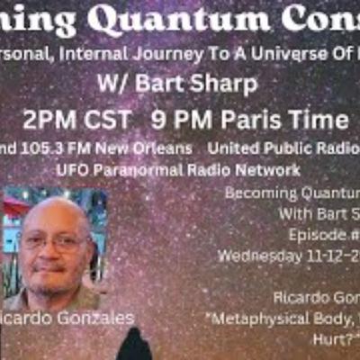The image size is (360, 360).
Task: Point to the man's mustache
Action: pyautogui.click(x=53, y=267)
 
